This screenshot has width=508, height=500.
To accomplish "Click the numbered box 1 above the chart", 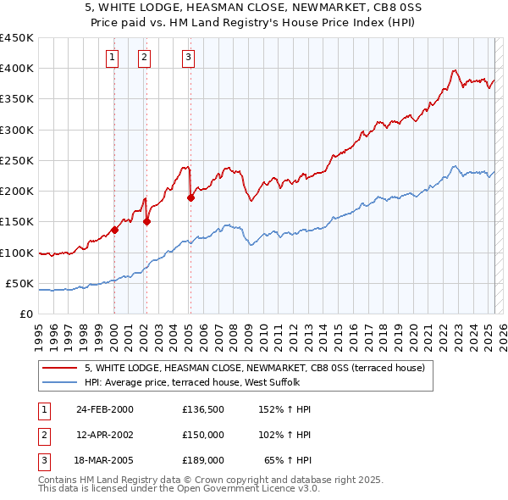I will [x=113, y=58].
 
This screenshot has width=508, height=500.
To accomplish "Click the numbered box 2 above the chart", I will [x=145, y=58].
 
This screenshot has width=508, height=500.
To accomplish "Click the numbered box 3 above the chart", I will [x=188, y=58].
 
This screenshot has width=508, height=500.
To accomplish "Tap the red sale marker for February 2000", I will [x=114, y=230].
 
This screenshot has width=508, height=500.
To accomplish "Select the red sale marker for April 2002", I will [x=146, y=222].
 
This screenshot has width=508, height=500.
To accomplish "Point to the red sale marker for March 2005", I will [x=190, y=198].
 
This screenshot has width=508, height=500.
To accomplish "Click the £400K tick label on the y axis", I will [x=16, y=69].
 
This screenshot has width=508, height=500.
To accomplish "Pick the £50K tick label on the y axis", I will [x=19, y=284].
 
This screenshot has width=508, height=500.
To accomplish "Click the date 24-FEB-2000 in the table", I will [x=104, y=409].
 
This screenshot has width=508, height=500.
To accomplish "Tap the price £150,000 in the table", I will [x=203, y=435].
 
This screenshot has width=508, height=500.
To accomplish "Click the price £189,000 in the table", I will [x=203, y=460].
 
